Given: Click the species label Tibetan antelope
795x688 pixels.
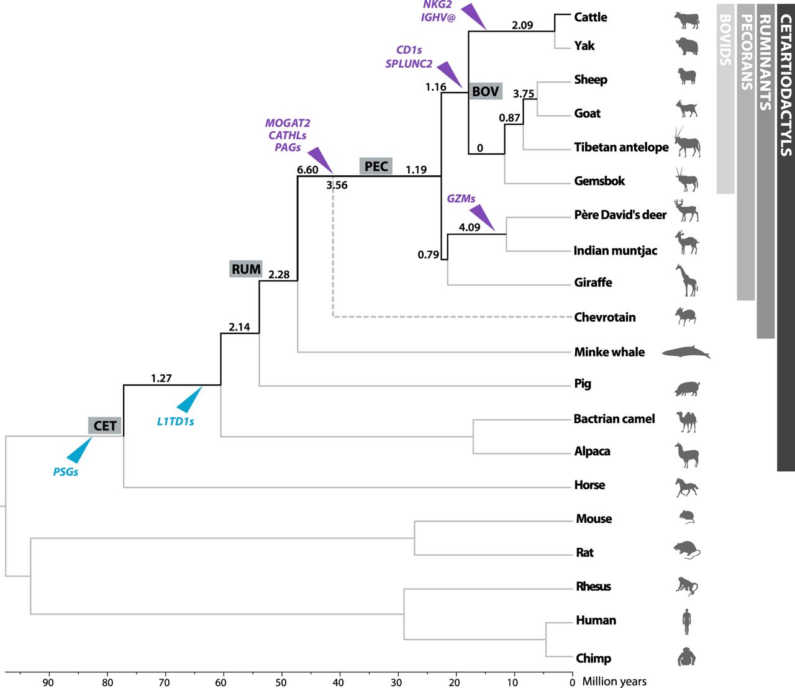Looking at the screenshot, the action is pyautogui.click(x=621, y=147).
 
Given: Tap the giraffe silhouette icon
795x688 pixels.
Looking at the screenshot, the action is pyautogui.click(x=687, y=280).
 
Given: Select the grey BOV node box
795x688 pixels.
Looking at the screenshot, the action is pyautogui.click(x=485, y=91).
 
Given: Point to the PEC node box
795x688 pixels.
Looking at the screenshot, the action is pyautogui.click(x=376, y=166).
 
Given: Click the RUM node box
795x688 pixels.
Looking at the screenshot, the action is pyautogui.click(x=246, y=269).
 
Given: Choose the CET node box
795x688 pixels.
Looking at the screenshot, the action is pyautogui.click(x=105, y=426).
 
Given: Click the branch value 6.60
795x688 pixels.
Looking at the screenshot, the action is pyautogui.click(x=307, y=170).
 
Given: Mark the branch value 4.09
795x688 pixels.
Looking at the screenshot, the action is pyautogui.click(x=469, y=227).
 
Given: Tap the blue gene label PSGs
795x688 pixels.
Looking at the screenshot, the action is pyautogui.click(x=66, y=471).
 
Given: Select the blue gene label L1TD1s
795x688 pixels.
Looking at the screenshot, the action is pyautogui.click(x=175, y=422).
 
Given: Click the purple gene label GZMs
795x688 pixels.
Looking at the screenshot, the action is pyautogui.click(x=461, y=199).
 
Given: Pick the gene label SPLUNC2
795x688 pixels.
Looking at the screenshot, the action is pyautogui.click(x=409, y=63).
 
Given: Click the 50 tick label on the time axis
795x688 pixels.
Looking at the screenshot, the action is pyautogui.click(x=281, y=682).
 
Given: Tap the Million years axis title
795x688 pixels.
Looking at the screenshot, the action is pyautogui.click(x=614, y=681).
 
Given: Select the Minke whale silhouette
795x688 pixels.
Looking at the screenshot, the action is pyautogui.click(x=686, y=352).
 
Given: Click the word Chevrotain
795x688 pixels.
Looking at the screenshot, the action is pyautogui.click(x=604, y=317).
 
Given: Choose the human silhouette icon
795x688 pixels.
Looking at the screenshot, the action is pyautogui.click(x=686, y=622).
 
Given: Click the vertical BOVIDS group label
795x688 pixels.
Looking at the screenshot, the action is pyautogui.click(x=725, y=40).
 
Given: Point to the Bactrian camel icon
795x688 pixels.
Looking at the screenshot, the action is pyautogui.click(x=687, y=422).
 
